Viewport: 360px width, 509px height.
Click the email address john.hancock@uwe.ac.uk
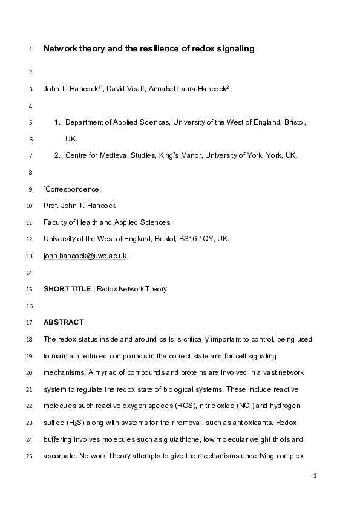85,256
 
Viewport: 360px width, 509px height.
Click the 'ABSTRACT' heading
64,322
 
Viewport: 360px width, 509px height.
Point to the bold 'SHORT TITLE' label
67,289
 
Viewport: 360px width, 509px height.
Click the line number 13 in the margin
30,256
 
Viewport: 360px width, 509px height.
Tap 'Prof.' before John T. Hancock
52,206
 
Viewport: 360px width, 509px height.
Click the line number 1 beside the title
30,50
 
